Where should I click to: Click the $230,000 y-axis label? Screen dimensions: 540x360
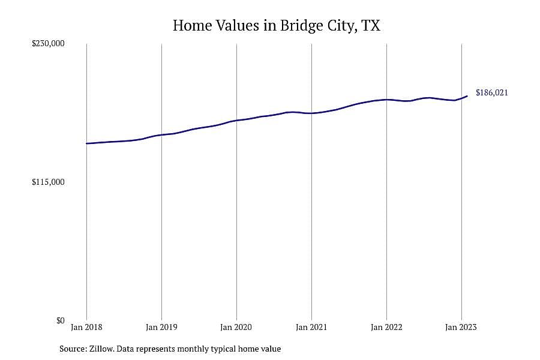tap(48, 43)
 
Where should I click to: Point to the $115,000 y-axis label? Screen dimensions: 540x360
tap(48, 182)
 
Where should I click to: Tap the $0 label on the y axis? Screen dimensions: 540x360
tap(60, 320)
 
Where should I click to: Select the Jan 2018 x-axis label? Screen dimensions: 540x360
tap(86, 327)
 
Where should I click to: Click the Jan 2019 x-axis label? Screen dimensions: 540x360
tap(161, 327)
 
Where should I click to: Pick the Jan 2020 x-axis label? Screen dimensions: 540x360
tap(236, 327)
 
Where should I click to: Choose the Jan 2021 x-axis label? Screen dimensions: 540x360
tap(311, 327)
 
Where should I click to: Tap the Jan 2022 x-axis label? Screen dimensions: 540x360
tap(386, 327)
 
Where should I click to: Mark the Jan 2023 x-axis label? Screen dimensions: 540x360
tap(461, 327)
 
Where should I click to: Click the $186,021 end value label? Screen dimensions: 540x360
tap(492, 92)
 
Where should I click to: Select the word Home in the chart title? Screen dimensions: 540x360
tap(192, 25)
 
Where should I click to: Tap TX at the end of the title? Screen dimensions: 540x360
tap(371, 25)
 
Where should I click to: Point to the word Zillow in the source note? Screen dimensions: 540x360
tap(101, 349)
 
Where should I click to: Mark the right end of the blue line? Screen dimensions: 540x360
tap(467, 96)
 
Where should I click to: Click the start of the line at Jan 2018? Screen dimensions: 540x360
tap(86, 143)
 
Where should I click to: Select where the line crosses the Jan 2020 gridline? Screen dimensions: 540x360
tap(236, 121)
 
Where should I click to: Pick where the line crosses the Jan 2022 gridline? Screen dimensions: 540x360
tap(387, 100)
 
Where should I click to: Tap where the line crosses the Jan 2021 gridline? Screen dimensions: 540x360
tap(311, 113)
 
